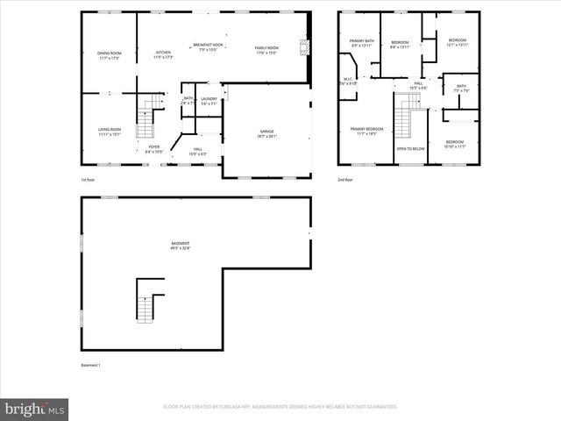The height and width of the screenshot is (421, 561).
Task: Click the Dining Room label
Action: [110, 55]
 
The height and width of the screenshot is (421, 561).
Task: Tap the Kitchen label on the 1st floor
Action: [163, 54]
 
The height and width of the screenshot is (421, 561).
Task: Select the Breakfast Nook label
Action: [208, 46]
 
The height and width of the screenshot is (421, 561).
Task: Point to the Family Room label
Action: [266, 50]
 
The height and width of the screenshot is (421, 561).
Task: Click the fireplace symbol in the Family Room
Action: [305, 47]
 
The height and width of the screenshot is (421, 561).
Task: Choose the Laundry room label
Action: [209, 101]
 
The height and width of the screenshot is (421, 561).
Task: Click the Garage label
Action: [266, 133]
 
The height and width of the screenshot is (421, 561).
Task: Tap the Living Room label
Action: [110, 132]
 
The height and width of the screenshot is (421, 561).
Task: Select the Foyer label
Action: [153, 149]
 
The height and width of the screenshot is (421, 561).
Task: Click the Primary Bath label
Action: [362, 44]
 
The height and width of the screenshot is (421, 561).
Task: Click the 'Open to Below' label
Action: [410, 149]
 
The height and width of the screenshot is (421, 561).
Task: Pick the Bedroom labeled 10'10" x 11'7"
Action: [454, 144]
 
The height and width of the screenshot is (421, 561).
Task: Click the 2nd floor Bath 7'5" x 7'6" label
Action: [461, 88]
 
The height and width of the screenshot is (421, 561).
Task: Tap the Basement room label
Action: [181, 245]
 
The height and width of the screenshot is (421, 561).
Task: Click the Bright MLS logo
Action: [35, 408]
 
